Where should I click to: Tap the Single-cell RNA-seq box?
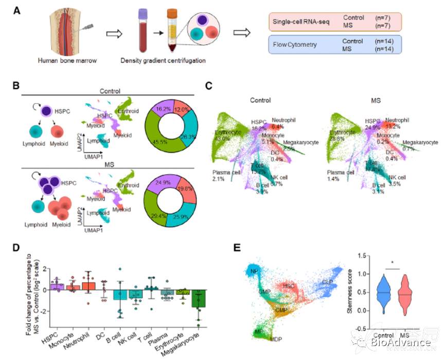pyautogui.click(x=334, y=21)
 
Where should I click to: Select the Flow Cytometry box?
pyautogui.click(x=334, y=45)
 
